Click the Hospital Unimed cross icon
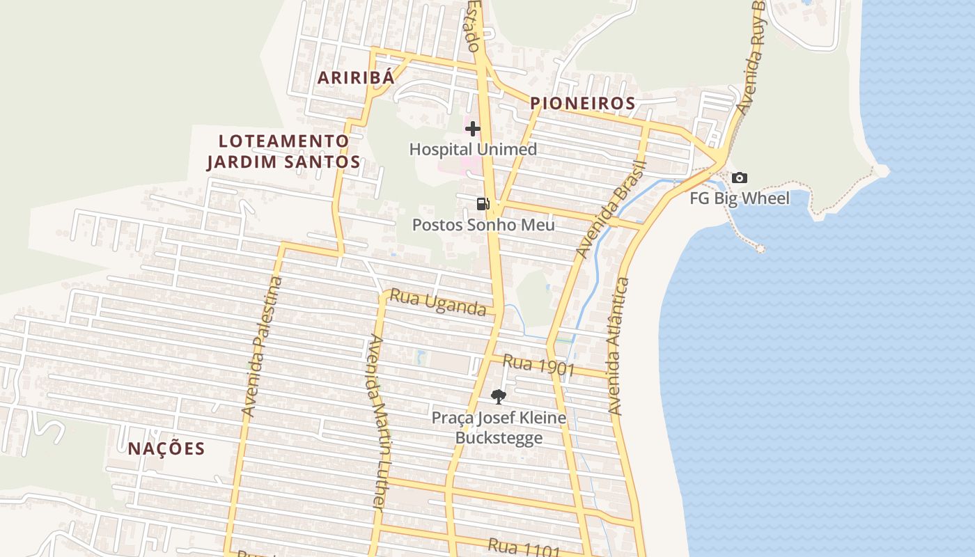pyautogui.click(x=473, y=129)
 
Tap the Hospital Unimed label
pyautogui.click(x=473, y=150)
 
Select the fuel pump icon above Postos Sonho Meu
pyautogui.click(x=483, y=204)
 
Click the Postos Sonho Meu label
pyautogui.click(x=483, y=225)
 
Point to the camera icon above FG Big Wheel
pyautogui.click(x=740, y=178)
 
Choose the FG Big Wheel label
pyautogui.click(x=740, y=198)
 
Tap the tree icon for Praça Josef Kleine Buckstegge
pyautogui.click(x=498, y=397)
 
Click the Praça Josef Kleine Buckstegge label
pyautogui.click(x=499, y=427)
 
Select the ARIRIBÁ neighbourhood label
pyautogui.click(x=356, y=77)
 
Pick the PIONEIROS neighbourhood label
pyautogui.click(x=582, y=104)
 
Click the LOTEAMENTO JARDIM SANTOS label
pyautogui.click(x=283, y=152)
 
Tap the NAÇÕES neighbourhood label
pyautogui.click(x=166, y=449)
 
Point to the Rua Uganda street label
pyautogui.click(x=437, y=302)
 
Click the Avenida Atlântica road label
pyautogui.click(x=618, y=346)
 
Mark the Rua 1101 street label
pyautogui.click(x=524, y=549)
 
